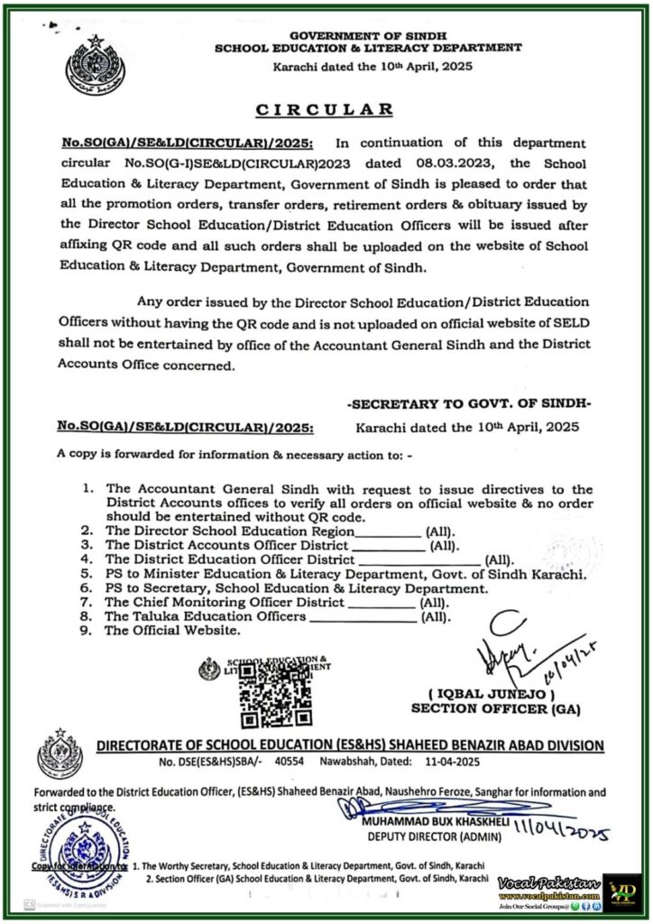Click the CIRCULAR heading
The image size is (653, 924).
[x=326, y=110]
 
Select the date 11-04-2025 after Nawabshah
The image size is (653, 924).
[x=406, y=763]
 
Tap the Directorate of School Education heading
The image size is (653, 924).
[x=350, y=745]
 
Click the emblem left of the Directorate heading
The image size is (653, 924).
[x=59, y=756]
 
